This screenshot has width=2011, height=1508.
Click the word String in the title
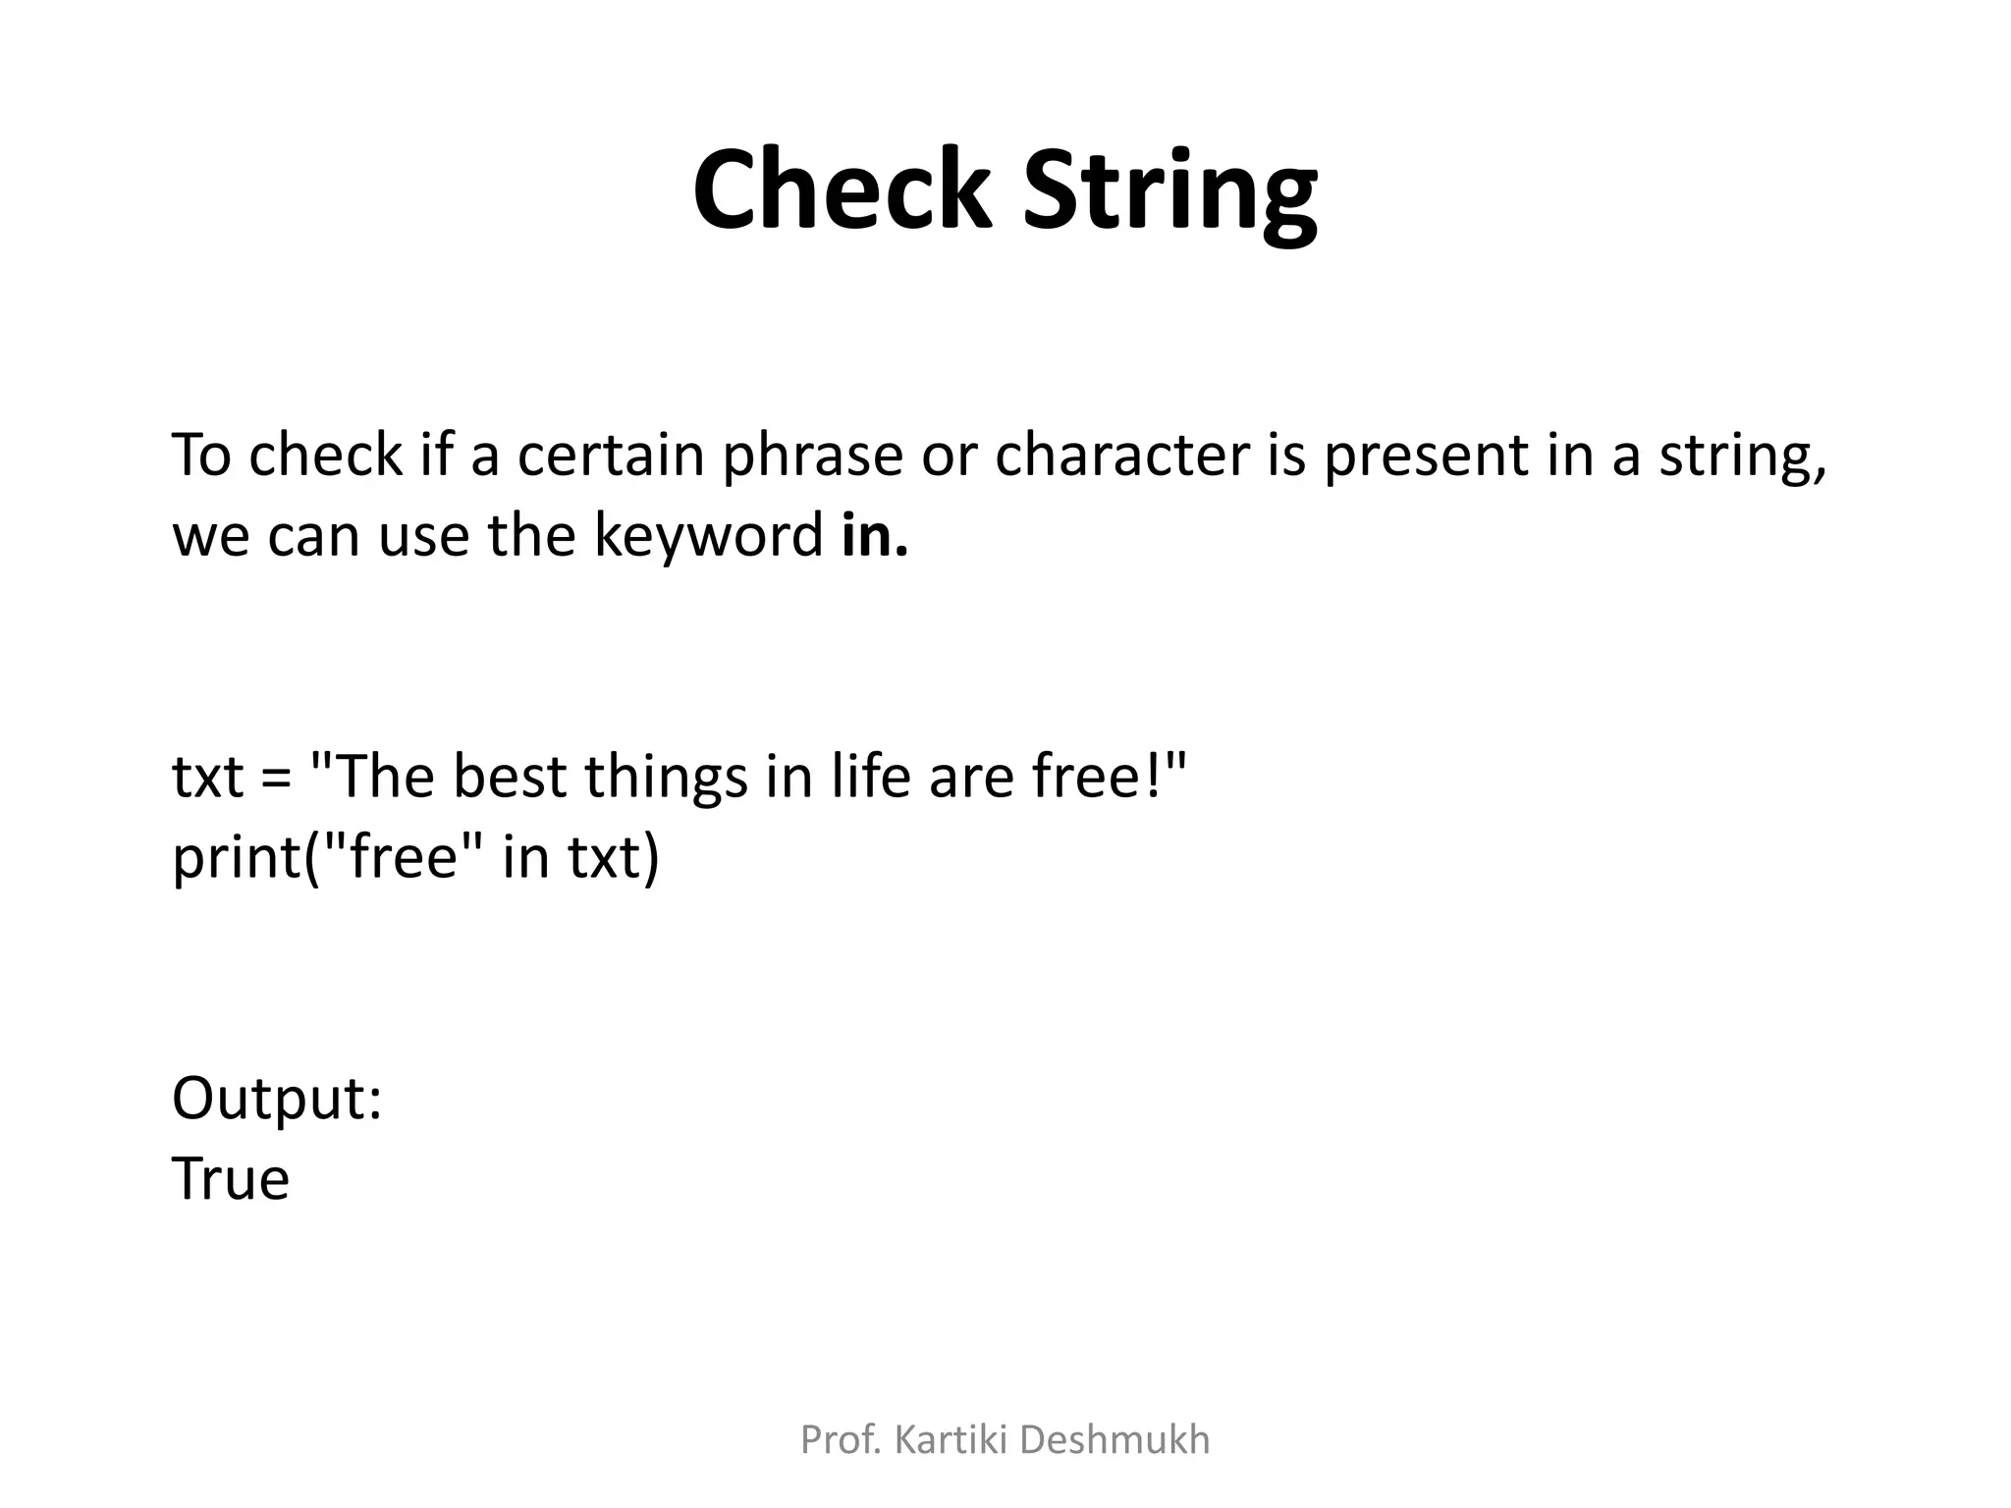pyautogui.click(x=1169, y=191)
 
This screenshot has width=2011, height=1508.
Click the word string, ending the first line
pyautogui.click(x=1743, y=458)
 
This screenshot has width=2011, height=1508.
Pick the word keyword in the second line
pyautogui.click(x=708, y=537)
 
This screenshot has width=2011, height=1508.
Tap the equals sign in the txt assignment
pyautogui.click(x=276, y=778)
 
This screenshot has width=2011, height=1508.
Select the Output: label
pyautogui.click(x=276, y=1099)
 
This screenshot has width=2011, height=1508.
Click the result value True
pyautogui.click(x=231, y=1179)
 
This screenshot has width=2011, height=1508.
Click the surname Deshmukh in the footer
pyautogui.click(x=1114, y=1440)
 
